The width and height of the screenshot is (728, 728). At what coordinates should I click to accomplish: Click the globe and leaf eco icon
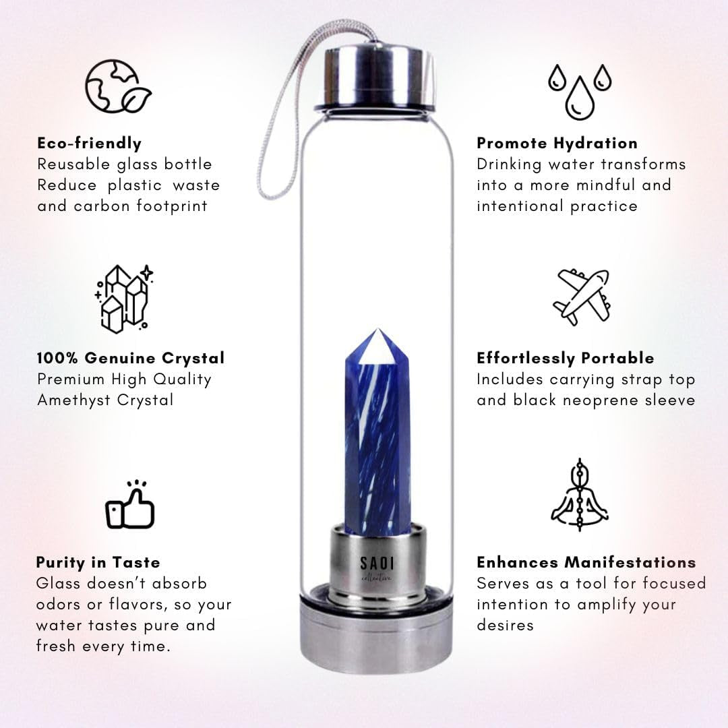tap(118, 86)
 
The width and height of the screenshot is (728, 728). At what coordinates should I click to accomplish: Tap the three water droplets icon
tap(580, 92)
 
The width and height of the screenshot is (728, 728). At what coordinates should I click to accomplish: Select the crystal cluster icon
tap(123, 299)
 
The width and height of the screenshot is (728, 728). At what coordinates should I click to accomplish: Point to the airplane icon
tap(582, 297)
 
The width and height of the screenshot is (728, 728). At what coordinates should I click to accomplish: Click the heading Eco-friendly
tap(89, 143)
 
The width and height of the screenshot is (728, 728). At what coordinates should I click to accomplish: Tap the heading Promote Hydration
tap(557, 143)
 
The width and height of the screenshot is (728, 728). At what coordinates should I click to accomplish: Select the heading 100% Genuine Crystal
tap(131, 358)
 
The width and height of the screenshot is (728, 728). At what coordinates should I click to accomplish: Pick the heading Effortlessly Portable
tap(566, 358)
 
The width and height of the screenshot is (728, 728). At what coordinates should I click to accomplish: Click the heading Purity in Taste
tap(98, 562)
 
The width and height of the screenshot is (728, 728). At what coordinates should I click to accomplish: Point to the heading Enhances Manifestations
tap(586, 562)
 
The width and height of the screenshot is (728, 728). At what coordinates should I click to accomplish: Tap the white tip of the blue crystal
tap(378, 346)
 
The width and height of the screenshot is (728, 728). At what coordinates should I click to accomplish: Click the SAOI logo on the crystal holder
tap(377, 568)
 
